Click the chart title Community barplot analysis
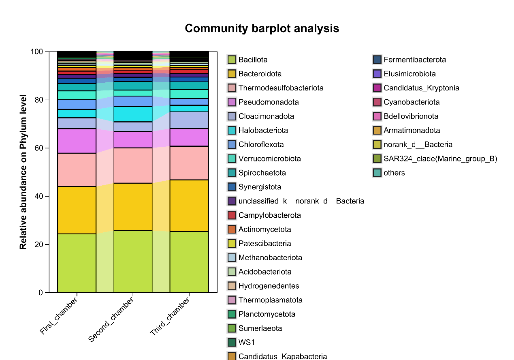click(262, 28)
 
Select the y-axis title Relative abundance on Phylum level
click(23, 171)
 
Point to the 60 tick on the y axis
click(47, 148)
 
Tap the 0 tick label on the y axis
click(41, 293)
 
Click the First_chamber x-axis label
click(59, 316)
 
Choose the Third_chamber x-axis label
click(170, 317)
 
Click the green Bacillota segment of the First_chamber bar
click(77, 263)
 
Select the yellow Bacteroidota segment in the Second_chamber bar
click(133, 207)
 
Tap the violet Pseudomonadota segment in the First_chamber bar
click(77, 141)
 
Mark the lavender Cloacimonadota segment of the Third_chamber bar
click(189, 120)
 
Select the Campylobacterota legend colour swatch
click(232, 215)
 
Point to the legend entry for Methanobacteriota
click(270, 258)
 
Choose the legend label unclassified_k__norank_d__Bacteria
click(301, 201)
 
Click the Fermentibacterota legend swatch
click(377, 60)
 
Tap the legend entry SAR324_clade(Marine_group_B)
click(440, 159)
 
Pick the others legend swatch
click(377, 173)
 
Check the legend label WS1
click(247, 343)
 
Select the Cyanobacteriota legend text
click(412, 102)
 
